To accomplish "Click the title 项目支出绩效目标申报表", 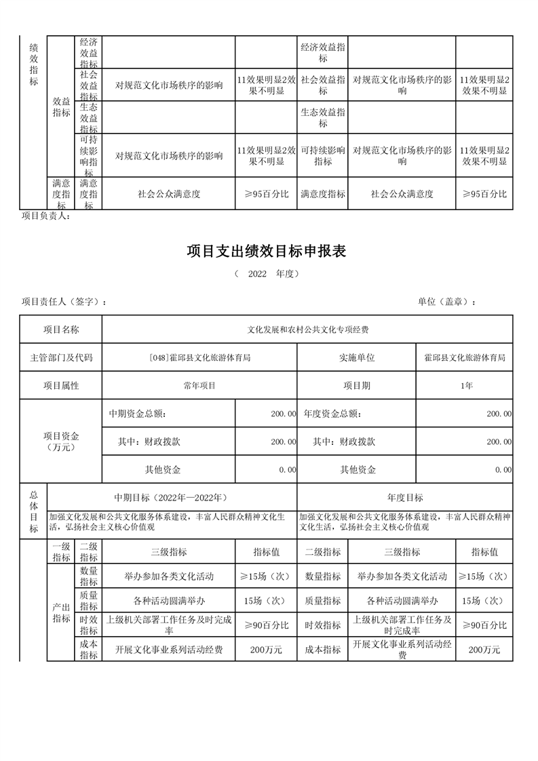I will [267, 252].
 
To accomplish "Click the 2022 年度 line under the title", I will [267, 274].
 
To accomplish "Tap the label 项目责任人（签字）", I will [64, 302].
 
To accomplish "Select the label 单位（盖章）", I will [446, 302].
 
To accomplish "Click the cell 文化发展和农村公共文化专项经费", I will [307, 330].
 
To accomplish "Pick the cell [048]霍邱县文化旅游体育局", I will [199, 357].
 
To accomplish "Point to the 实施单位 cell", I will [357, 357].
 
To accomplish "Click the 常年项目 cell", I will [199, 385].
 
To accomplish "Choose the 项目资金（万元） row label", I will [61, 442].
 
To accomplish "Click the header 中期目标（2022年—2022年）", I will [172, 497].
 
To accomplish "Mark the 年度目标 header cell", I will [405, 497].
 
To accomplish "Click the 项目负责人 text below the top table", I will [46, 216].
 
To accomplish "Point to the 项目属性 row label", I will [61, 385].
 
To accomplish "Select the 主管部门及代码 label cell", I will [61, 357].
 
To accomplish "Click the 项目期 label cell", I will [357, 385].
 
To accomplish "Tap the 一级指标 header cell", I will [61, 552].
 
